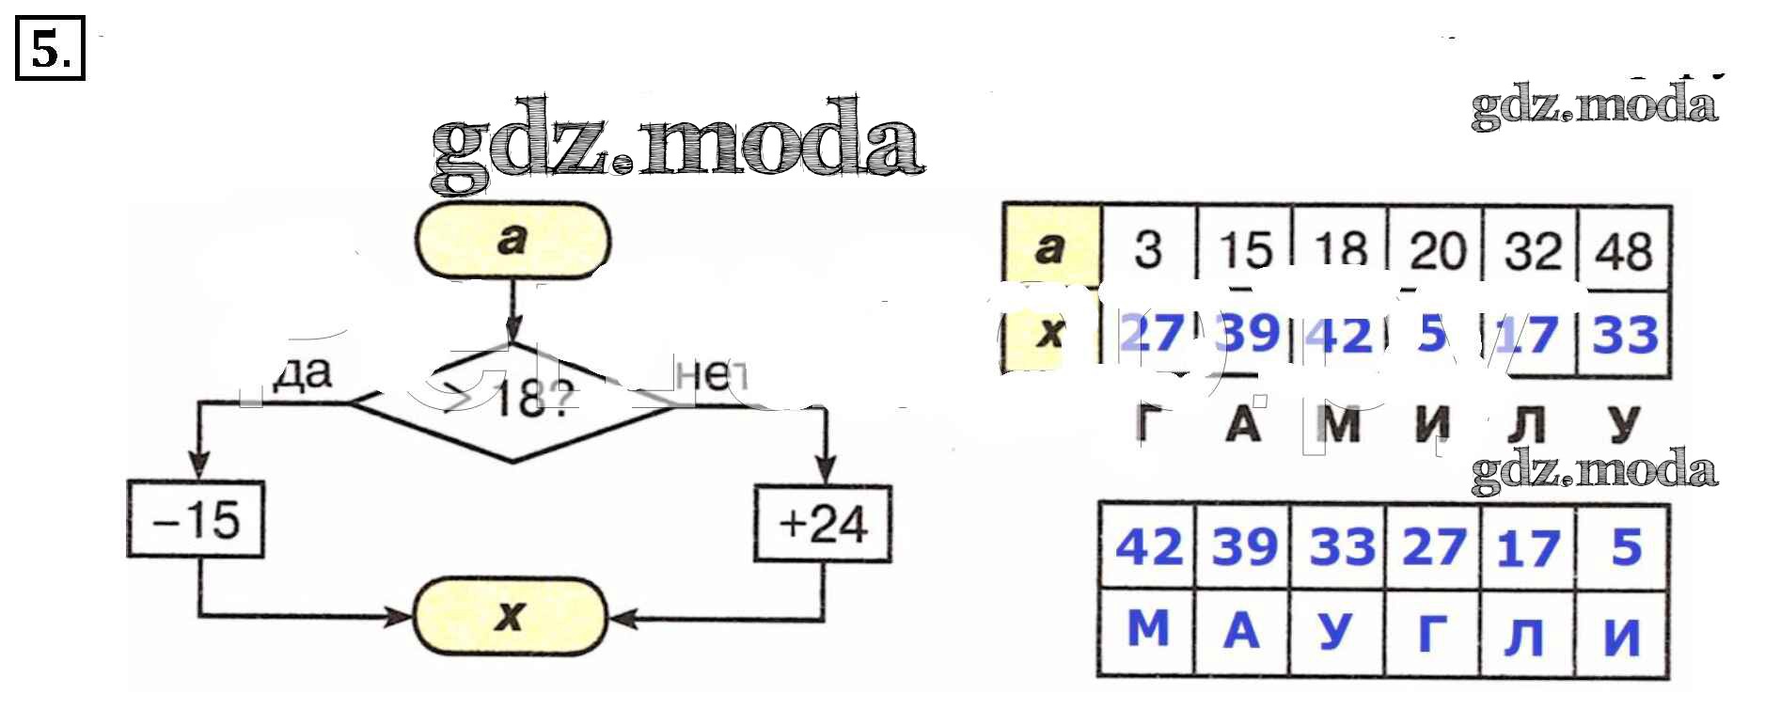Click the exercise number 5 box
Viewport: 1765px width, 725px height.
tap(50, 49)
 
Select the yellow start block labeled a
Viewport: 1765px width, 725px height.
tap(512, 241)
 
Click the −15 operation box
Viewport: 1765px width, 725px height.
tap(196, 520)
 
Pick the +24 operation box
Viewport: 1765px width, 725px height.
tap(823, 524)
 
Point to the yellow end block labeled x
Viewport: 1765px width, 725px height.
tap(510, 616)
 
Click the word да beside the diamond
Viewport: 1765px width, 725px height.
tap(304, 373)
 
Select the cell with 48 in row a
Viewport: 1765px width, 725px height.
tap(1624, 251)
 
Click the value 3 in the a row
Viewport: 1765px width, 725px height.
tap(1148, 250)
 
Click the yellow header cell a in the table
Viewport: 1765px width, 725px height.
tap(1050, 248)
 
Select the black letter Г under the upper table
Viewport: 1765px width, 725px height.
tap(1148, 424)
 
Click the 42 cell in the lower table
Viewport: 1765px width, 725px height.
tap(1148, 547)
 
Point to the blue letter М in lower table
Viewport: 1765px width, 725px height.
tap(1148, 629)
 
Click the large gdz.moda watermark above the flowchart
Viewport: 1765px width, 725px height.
tap(677, 144)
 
